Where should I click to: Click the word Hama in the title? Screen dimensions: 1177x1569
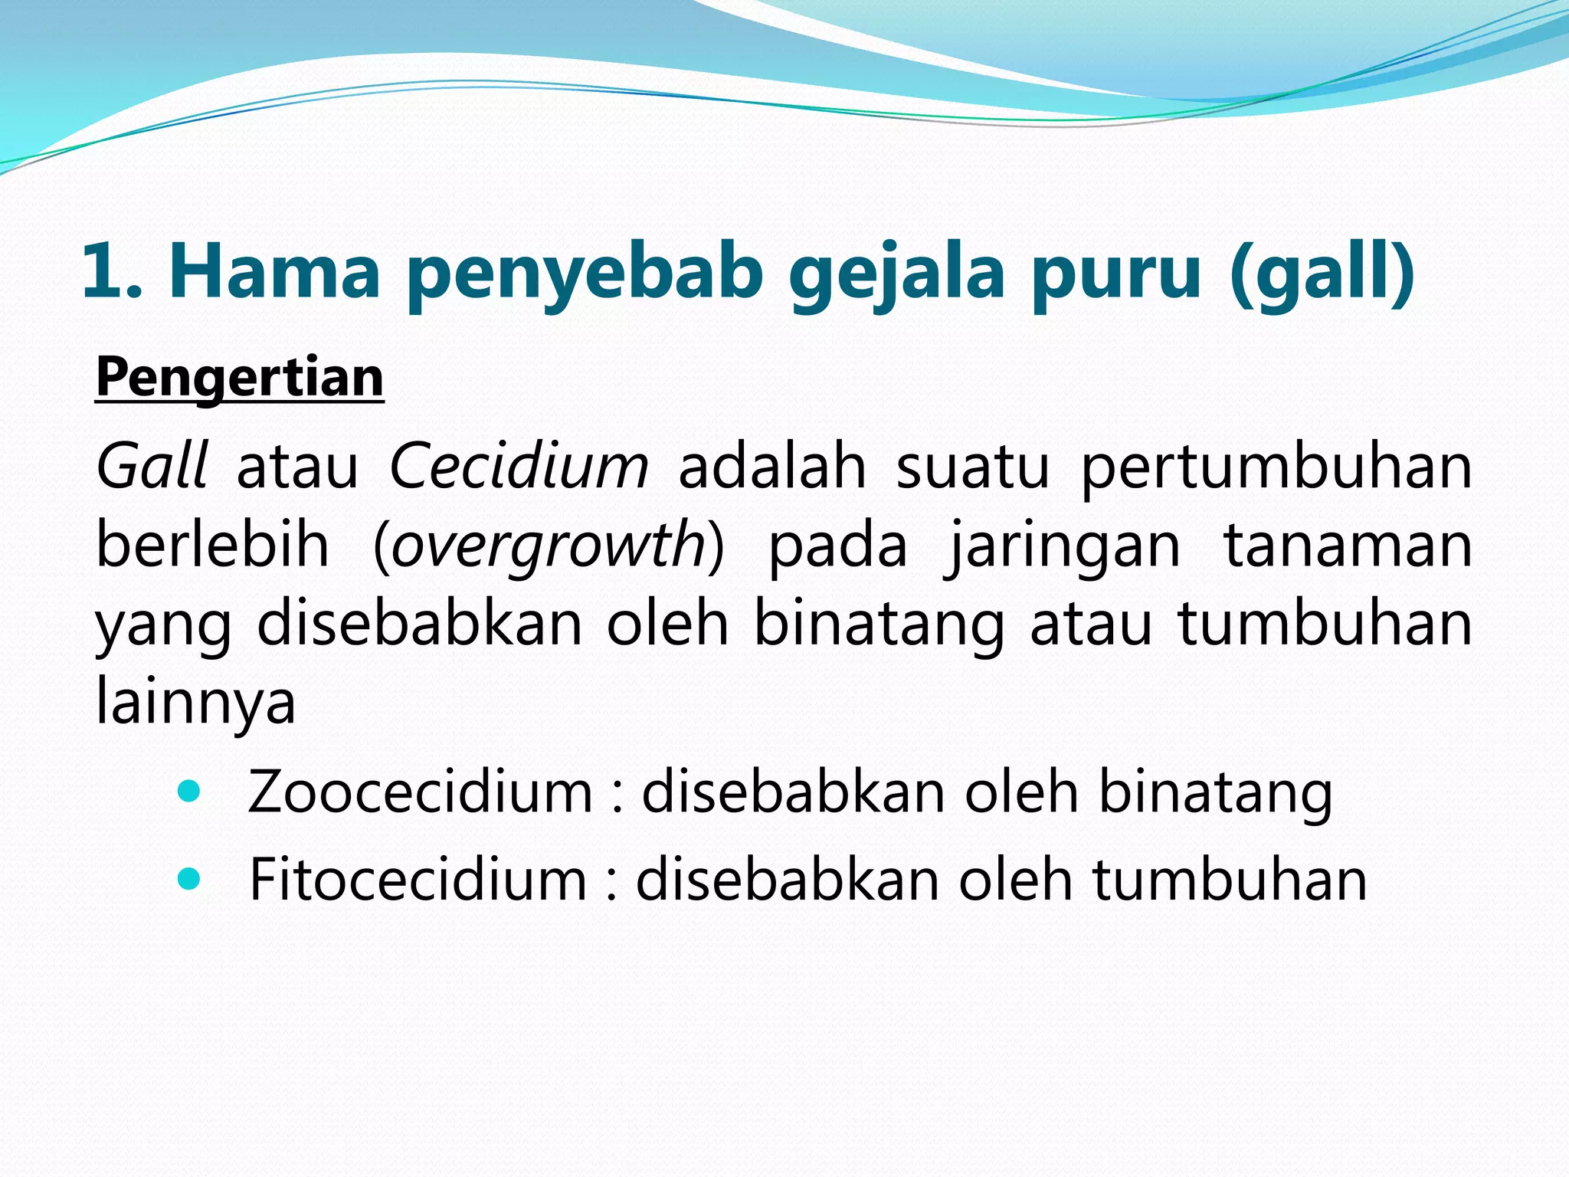point(274,270)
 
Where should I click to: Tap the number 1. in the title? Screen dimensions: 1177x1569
point(112,270)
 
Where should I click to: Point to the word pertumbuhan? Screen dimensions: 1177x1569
point(1276,467)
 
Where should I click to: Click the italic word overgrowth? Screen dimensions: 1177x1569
point(549,546)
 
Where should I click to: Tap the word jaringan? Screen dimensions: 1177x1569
point(1066,547)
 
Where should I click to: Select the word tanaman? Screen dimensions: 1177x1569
point(1348,546)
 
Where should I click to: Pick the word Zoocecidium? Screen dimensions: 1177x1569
point(421,792)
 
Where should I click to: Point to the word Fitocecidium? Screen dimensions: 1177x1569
point(418,879)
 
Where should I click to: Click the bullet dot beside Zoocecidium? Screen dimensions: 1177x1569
point(188,791)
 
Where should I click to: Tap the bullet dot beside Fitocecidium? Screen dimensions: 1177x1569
point(188,878)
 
